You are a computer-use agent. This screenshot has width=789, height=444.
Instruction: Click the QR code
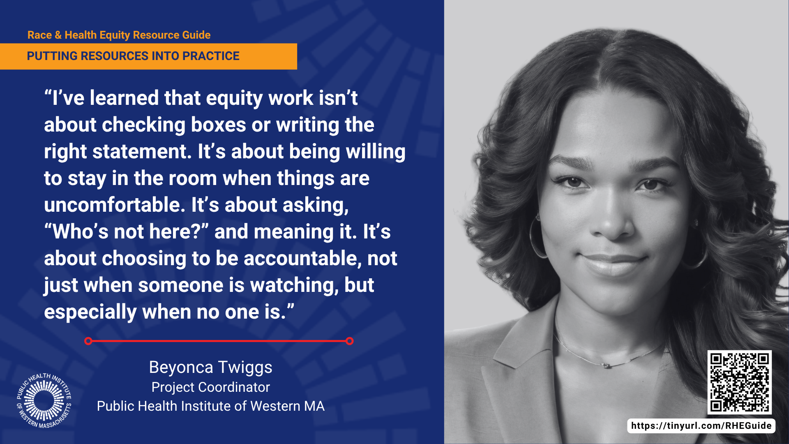click(x=739, y=382)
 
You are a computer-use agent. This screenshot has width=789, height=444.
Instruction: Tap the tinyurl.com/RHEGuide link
click(x=701, y=426)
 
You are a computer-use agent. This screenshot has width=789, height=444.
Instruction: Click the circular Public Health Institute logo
click(x=44, y=400)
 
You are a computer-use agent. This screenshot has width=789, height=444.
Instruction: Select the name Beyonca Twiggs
click(x=210, y=368)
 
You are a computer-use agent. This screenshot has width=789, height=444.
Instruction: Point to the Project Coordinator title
click(x=210, y=387)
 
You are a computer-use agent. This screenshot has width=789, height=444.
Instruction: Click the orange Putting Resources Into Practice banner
click(x=148, y=56)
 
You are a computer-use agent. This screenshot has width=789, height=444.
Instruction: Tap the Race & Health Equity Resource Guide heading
click(x=119, y=35)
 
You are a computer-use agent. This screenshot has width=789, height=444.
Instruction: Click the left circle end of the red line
click(x=88, y=341)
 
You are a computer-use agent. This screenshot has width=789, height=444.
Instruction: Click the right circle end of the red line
click(x=350, y=341)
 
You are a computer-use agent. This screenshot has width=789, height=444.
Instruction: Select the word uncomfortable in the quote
click(x=115, y=205)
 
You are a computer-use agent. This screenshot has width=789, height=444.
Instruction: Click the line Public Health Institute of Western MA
click(x=210, y=406)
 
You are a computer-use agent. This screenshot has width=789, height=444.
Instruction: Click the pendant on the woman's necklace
click(x=605, y=365)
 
